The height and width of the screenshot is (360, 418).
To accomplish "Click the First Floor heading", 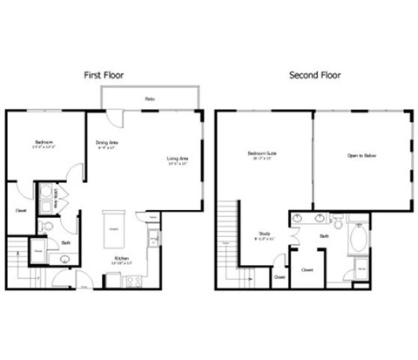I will coord(104,75).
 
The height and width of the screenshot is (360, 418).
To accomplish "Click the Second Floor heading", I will coord(313,75).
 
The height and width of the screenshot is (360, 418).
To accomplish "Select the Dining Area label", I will coord(107,142).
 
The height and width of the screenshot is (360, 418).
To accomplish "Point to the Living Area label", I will coord(178,159).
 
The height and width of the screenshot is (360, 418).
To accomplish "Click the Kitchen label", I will coord(122,258).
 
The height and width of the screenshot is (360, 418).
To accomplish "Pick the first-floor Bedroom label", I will coord(44,141).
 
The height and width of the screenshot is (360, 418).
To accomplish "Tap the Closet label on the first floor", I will coord(20,210).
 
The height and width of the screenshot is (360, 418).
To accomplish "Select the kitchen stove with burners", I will coord(133,281).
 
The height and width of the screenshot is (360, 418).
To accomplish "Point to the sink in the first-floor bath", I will coord(65,259).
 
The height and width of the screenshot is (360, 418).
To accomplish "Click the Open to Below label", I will coord(361,157).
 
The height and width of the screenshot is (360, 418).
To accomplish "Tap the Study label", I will coord(264,233).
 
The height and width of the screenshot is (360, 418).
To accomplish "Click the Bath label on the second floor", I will coord(323,235).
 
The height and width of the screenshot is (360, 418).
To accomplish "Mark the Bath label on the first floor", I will coord(66,244).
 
